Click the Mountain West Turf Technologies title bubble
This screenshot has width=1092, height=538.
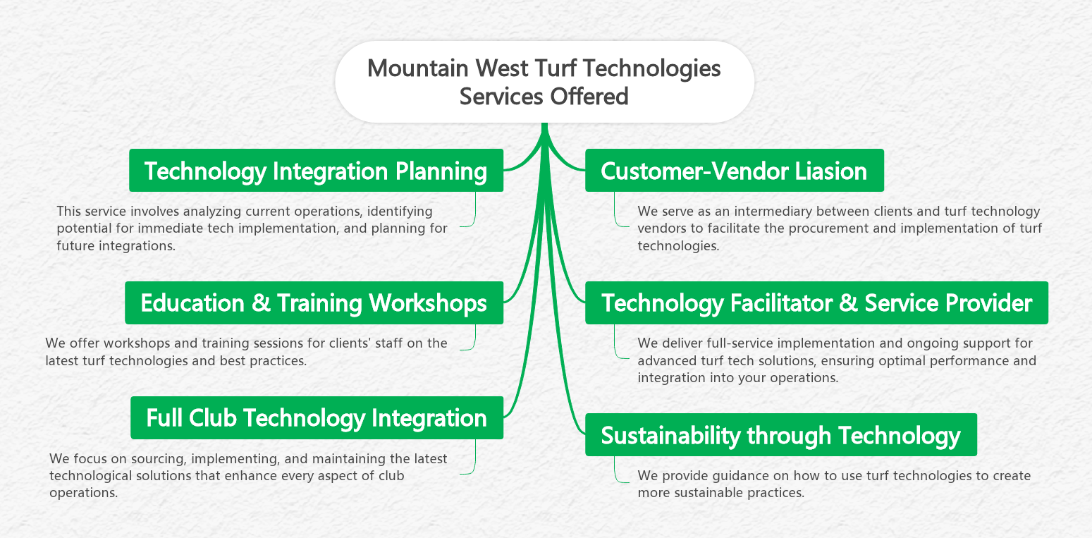coord(544,82)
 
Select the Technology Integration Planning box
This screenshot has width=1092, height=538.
coord(316,171)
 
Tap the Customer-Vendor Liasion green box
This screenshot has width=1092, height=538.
coord(734,171)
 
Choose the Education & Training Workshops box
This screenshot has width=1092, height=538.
coord(314,303)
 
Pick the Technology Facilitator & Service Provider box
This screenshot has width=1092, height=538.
coord(816,303)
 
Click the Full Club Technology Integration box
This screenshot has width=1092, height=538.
coord(317,418)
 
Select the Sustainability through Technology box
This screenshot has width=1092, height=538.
coord(780,435)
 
